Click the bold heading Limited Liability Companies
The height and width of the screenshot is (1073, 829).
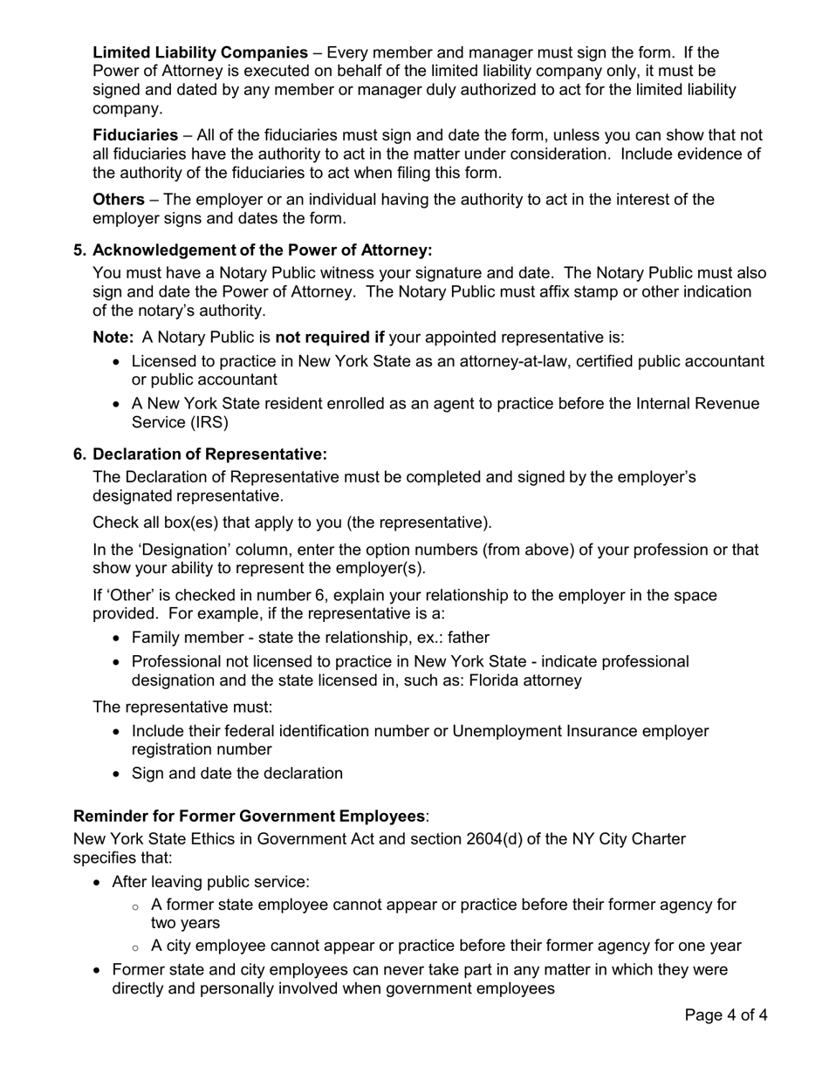[x=200, y=52]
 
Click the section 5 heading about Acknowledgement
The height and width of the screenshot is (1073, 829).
[x=262, y=250]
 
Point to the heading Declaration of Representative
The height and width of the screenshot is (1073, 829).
[x=209, y=454]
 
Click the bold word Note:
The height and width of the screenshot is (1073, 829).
[x=113, y=338]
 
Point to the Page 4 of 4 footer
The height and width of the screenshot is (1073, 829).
[x=726, y=1015]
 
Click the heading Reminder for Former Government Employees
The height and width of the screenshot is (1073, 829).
[x=249, y=817]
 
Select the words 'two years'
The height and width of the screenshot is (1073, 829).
[x=185, y=923]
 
